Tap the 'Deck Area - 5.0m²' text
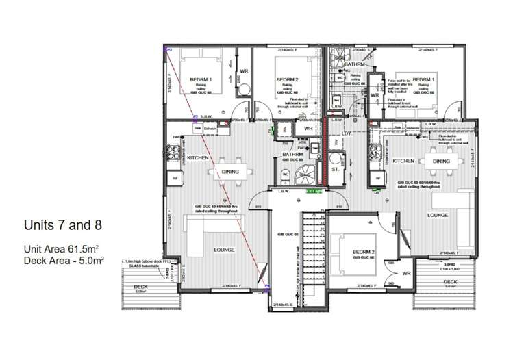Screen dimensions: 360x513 [x=63, y=261]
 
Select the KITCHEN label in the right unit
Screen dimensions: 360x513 [x=403, y=161]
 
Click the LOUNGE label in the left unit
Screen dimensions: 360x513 [x=223, y=250]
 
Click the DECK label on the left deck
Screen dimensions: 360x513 [x=141, y=286]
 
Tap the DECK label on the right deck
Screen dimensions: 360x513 [x=449, y=281]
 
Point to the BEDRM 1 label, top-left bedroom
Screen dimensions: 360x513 [x=201, y=80]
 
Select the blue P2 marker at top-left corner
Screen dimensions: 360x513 [x=168, y=50]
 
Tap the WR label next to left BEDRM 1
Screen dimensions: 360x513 [x=243, y=70]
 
